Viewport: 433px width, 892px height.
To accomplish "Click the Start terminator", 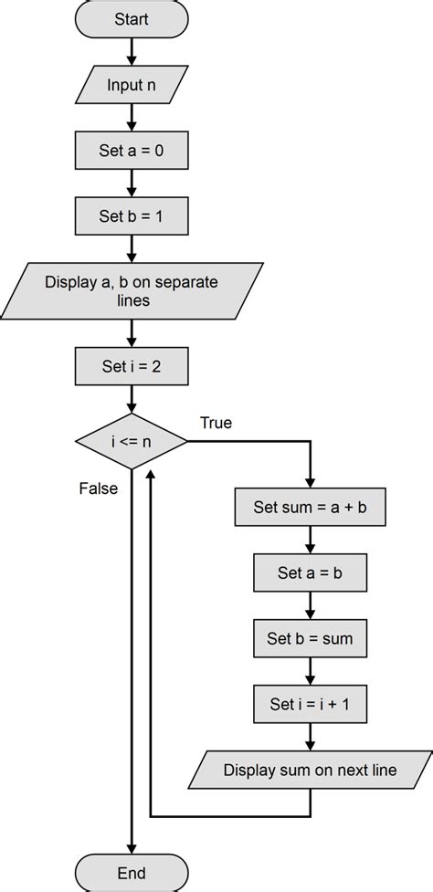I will pyautogui.click(x=132, y=19).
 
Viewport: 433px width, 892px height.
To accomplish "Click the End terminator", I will pyautogui.click(x=132, y=873).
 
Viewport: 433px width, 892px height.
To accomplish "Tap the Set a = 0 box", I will pyautogui.click(x=132, y=151).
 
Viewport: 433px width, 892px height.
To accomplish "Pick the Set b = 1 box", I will pyautogui.click(x=132, y=217).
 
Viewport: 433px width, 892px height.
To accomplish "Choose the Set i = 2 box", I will pyautogui.click(x=132, y=368).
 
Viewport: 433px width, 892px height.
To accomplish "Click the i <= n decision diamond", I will pyautogui.click(x=132, y=443).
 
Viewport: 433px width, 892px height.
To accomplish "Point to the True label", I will pyautogui.click(x=216, y=423).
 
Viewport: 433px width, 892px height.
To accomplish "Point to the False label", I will pyautogui.click(x=98, y=488).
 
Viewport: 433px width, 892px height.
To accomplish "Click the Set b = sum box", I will pyautogui.click(x=311, y=637).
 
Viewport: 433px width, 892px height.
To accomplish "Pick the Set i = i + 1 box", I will pyautogui.click(x=311, y=704).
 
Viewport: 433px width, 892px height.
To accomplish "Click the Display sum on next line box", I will pyautogui.click(x=311, y=771).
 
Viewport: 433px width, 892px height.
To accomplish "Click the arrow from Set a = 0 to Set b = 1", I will pyautogui.click(x=132, y=184).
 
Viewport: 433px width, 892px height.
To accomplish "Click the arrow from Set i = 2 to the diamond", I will pyautogui.click(x=132, y=400).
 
